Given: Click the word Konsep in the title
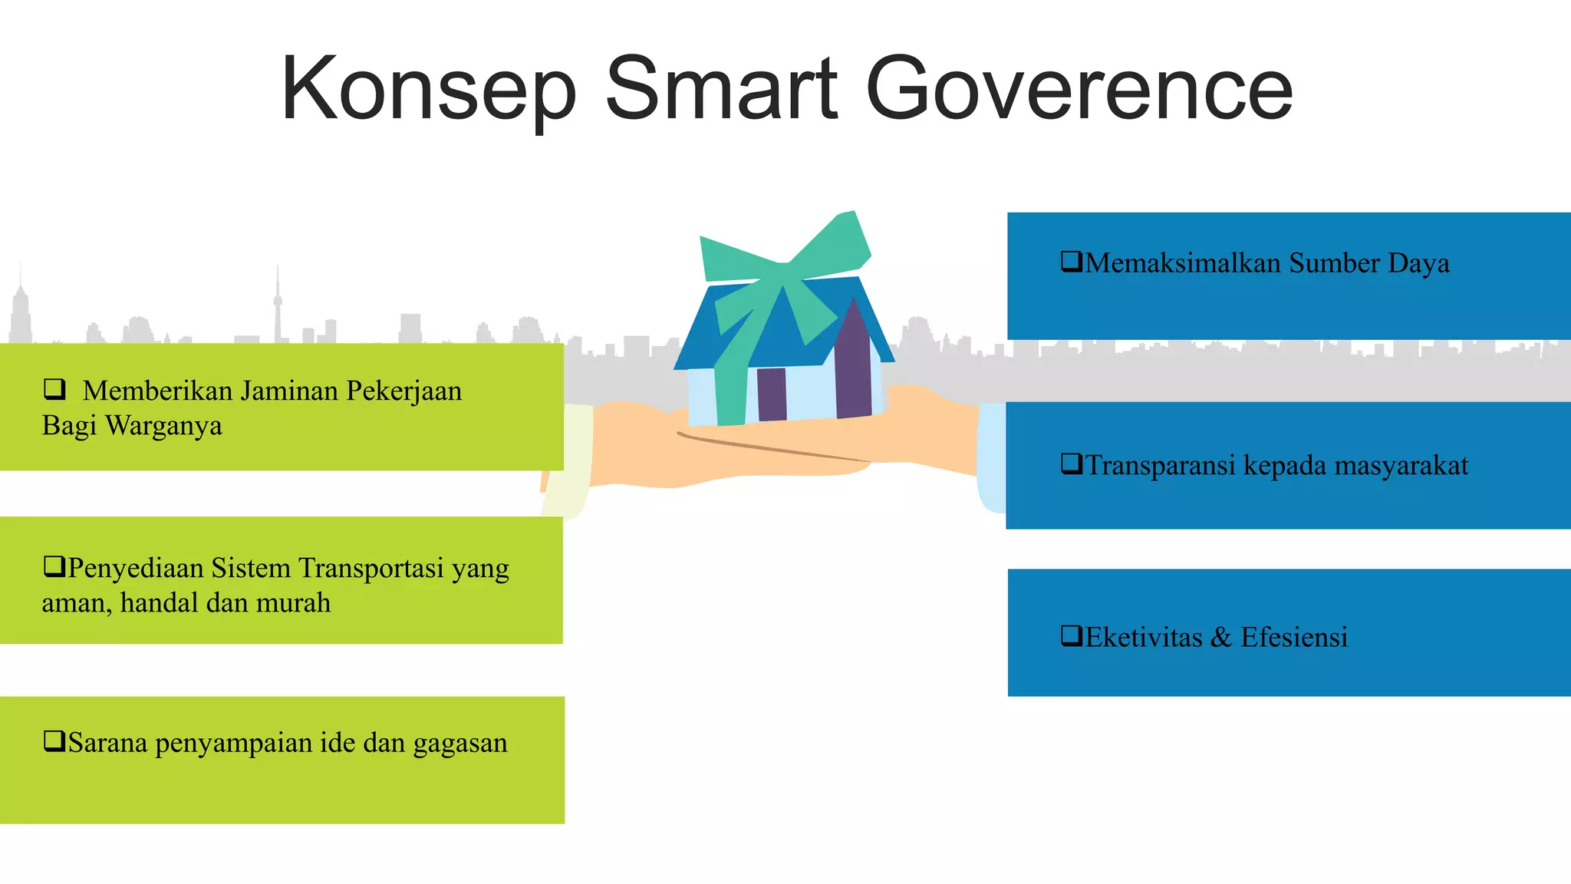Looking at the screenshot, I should [428, 90].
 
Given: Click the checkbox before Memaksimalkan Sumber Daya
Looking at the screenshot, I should [1071, 262].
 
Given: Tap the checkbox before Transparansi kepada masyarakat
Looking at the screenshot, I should [1071, 463].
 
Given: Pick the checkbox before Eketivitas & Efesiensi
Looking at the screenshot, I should [1071, 635].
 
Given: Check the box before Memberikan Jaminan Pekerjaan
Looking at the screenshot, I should [54, 389].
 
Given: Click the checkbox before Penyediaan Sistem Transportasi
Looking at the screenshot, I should [54, 566].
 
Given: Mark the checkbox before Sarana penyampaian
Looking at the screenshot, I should [54, 741].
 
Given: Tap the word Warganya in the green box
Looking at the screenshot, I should [163, 426].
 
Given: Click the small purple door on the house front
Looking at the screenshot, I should [772, 394].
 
